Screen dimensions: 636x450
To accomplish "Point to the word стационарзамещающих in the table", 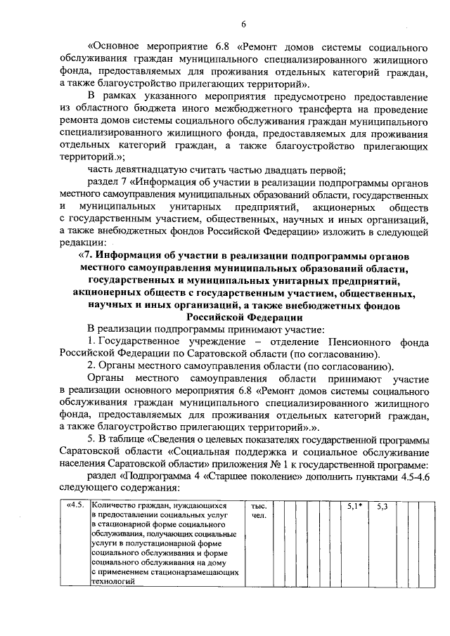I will (189, 572).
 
